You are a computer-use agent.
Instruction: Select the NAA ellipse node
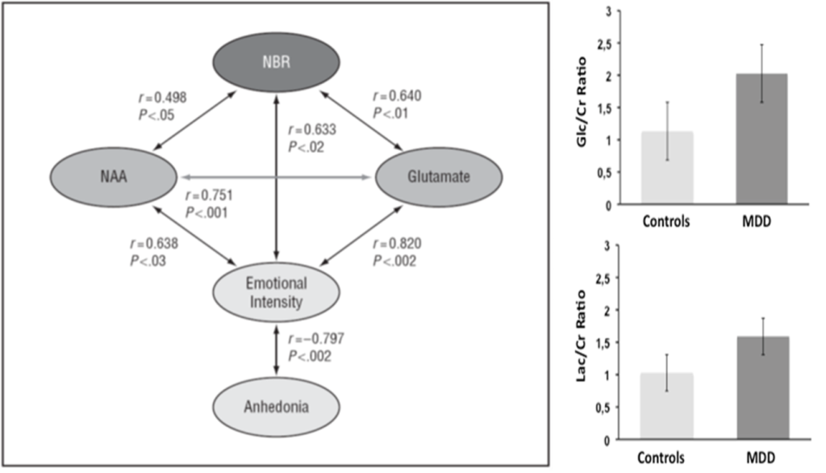(x=112, y=176)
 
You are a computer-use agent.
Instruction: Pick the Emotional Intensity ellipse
(x=277, y=293)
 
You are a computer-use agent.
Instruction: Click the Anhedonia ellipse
(x=277, y=406)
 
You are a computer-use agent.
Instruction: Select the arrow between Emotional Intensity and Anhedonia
(x=277, y=349)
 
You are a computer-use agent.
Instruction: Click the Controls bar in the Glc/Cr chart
(x=667, y=168)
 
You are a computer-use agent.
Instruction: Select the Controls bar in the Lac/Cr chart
(x=667, y=406)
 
